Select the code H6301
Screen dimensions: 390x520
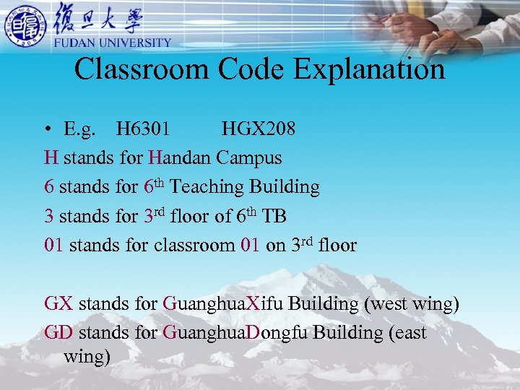point(143,129)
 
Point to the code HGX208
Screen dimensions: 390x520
point(258,129)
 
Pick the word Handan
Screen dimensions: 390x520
point(180,157)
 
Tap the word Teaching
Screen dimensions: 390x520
point(207,187)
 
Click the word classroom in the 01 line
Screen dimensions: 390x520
point(194,246)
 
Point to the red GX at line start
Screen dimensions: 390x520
point(58,303)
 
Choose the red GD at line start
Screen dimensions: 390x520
point(58,333)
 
